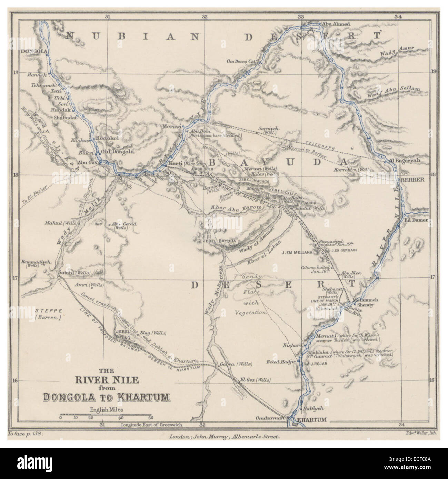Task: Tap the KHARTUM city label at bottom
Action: tap(311, 420)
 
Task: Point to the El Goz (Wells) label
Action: tap(255, 379)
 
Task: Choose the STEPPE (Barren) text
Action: tap(48, 314)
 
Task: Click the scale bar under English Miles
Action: tap(105, 414)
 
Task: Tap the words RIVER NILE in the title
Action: tap(107, 380)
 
